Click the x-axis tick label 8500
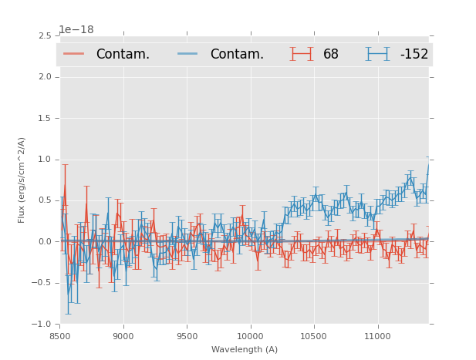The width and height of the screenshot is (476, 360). click(x=60, y=336)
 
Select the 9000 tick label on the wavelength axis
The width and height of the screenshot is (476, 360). click(x=123, y=336)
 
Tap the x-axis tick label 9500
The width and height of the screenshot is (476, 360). click(x=187, y=336)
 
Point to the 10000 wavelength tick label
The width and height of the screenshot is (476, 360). click(x=250, y=336)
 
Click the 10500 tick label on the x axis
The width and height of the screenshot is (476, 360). click(x=314, y=336)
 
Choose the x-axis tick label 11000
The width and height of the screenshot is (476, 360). click(x=377, y=336)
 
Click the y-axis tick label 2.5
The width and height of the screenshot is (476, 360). click(x=43, y=36)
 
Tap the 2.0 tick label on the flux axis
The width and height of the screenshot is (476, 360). click(x=43, y=77)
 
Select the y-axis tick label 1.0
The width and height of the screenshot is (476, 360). click(x=43, y=160)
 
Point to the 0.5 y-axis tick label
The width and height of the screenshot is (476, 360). click(x=43, y=200)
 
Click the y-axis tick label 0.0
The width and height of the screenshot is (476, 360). click(x=43, y=242)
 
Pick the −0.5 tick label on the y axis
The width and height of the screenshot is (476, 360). click(x=41, y=283)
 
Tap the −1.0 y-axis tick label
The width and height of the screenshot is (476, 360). click(x=41, y=325)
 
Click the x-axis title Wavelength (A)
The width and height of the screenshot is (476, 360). click(x=245, y=349)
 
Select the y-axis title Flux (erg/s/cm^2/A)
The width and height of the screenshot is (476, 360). click(x=22, y=180)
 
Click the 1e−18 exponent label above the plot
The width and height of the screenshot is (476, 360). click(x=76, y=30)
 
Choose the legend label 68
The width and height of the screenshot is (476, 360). click(x=331, y=55)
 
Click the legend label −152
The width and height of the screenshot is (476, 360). click(x=414, y=55)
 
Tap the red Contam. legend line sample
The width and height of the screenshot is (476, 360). click(x=74, y=54)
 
